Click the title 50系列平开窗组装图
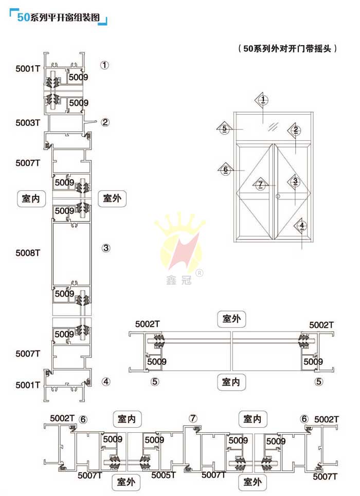[59, 17]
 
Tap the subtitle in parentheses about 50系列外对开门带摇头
[287, 49]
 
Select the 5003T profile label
[28, 123]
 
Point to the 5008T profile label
[28, 253]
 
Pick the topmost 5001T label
[28, 68]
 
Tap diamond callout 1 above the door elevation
[263, 100]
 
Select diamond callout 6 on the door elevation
[225, 169]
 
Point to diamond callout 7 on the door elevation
[260, 184]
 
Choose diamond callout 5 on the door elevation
[224, 128]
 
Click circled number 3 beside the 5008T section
[106, 248]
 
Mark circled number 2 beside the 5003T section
[105, 122]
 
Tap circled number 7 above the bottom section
[193, 418]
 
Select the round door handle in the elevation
[278, 196]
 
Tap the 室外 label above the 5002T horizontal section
[231, 319]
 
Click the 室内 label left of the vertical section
[31, 198]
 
